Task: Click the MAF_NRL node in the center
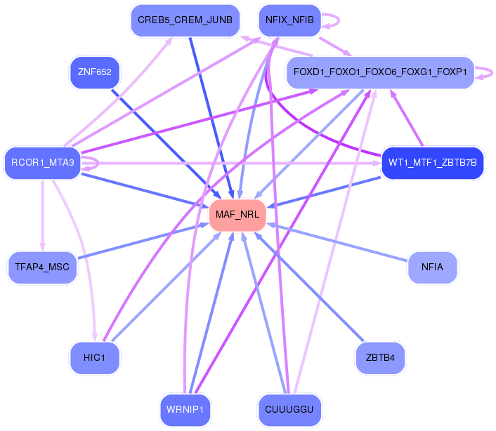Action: [x=237, y=215]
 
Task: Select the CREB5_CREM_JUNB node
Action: [x=185, y=20]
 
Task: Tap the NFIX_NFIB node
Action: [x=289, y=20]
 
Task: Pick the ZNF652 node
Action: [x=95, y=72]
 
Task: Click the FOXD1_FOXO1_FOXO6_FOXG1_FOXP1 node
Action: [x=380, y=72]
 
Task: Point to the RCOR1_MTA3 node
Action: [x=42, y=163]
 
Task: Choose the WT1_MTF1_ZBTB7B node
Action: [x=432, y=163]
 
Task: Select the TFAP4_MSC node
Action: [x=42, y=267]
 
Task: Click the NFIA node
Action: [x=432, y=267]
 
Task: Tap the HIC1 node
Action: [x=95, y=358]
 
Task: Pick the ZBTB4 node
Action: [x=380, y=358]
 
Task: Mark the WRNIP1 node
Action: [x=185, y=409]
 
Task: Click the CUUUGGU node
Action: [x=289, y=409]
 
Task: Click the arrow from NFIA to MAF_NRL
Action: [x=337, y=242]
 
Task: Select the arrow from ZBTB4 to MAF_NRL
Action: [x=309, y=287]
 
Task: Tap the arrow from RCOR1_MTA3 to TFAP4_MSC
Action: [x=42, y=215]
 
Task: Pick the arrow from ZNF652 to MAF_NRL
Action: [x=167, y=144]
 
